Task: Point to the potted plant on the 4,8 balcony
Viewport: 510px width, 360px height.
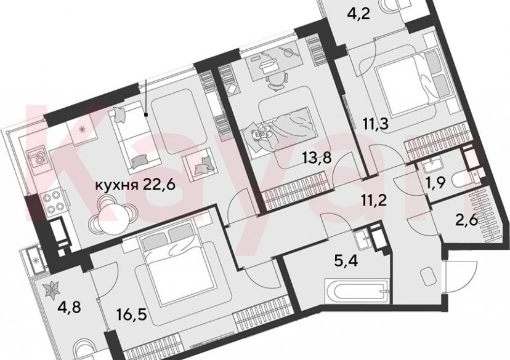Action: click(x=52, y=286)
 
